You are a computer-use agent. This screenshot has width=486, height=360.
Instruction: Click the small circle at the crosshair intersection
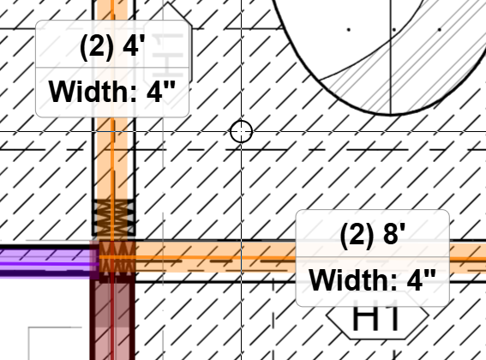click(242, 131)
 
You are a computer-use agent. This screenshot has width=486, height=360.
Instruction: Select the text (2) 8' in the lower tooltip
click(373, 235)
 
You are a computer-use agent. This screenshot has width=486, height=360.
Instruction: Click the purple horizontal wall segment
click(46, 261)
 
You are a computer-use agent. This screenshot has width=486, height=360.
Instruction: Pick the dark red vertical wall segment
click(112, 320)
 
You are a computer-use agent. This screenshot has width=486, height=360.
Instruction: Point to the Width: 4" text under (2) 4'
click(112, 92)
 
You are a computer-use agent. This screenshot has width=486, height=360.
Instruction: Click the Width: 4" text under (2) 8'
click(373, 279)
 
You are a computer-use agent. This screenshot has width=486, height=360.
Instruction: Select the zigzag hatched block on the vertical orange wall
click(113, 218)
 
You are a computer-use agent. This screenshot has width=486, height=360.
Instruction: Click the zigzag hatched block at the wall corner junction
click(117, 259)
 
